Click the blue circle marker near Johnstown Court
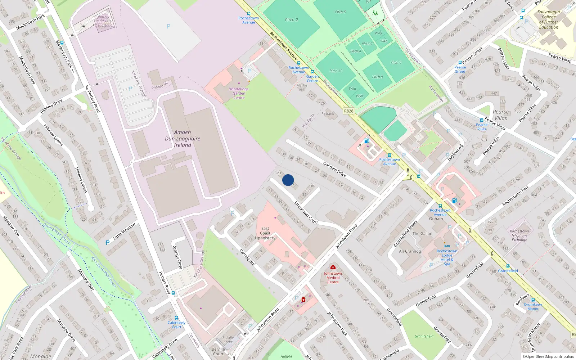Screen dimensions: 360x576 click(x=288, y=180)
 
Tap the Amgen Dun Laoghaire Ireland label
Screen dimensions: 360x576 click(x=183, y=139)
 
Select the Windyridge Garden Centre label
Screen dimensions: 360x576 click(x=239, y=93)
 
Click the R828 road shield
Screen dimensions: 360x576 click(x=348, y=111)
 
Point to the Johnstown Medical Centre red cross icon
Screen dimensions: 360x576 click(x=333, y=267)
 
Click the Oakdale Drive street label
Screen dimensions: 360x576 click(x=334, y=169)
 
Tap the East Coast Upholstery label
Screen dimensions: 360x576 click(x=265, y=233)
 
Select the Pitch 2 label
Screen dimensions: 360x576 click(x=292, y=20)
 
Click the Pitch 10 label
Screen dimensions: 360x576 click(x=336, y=71)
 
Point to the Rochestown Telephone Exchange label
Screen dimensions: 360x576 click(x=519, y=235)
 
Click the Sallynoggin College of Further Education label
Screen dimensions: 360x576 click(x=548, y=19)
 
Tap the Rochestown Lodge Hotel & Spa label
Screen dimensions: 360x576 click(x=447, y=257)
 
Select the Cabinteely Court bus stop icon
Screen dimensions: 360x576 click(x=176, y=318)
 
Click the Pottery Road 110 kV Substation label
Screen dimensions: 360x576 click(x=104, y=21)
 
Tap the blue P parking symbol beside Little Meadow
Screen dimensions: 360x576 click(x=107, y=243)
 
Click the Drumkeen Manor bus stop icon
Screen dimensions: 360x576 click(x=533, y=300)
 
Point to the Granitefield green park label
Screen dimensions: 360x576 click(x=424, y=336)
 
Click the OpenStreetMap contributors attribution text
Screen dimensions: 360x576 click(x=548, y=356)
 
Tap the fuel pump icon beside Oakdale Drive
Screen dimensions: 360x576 click(x=366, y=141)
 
